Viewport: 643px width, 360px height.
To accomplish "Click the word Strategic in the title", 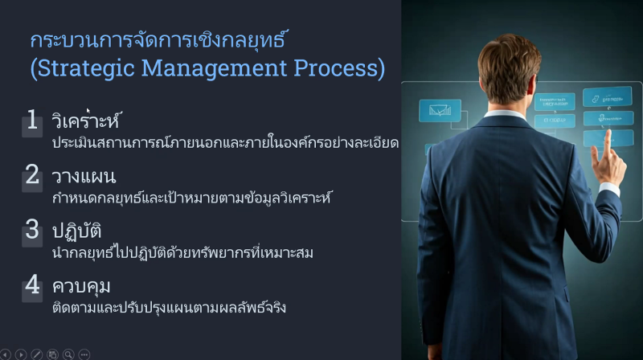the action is tap(86, 68).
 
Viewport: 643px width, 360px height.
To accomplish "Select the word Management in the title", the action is tap(214, 68).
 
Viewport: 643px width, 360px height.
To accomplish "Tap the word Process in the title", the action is tap(335, 67).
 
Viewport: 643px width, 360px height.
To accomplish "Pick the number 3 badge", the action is tap(32, 231).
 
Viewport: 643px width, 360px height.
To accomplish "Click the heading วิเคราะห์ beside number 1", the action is tap(87, 121).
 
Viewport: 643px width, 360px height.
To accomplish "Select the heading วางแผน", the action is tap(84, 177).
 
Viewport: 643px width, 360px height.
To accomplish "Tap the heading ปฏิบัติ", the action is tap(76, 230).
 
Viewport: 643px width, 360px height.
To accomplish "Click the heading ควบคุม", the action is tap(81, 286).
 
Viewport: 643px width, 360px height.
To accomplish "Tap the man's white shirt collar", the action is tap(505, 113).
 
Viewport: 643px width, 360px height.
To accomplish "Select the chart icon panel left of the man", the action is tap(440, 111).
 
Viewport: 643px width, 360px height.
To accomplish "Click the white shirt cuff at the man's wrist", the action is tap(610, 189).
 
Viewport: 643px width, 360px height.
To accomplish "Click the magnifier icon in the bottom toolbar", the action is tap(68, 354).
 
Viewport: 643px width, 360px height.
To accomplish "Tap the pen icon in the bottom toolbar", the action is tap(36, 354).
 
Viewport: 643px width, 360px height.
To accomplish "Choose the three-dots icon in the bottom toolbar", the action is tap(84, 354).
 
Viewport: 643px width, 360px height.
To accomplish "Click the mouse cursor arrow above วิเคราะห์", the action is tap(88, 110).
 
